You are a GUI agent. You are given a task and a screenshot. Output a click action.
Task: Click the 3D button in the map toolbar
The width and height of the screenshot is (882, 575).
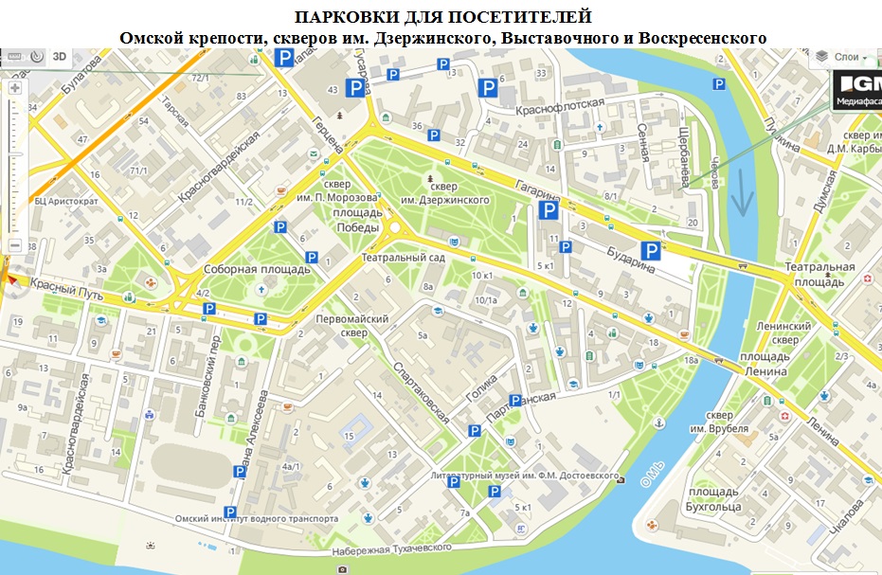click(60, 56)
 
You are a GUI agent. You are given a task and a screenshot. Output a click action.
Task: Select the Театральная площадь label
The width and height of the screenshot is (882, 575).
click(819, 275)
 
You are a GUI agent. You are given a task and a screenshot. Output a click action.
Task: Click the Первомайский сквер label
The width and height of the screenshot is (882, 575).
click(352, 326)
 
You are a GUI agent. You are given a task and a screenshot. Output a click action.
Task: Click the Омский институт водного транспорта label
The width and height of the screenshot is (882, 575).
click(256, 519)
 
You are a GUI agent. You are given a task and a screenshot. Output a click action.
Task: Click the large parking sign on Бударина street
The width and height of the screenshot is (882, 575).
click(651, 251)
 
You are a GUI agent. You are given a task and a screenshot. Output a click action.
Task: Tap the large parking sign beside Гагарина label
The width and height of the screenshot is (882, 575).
click(548, 212)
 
